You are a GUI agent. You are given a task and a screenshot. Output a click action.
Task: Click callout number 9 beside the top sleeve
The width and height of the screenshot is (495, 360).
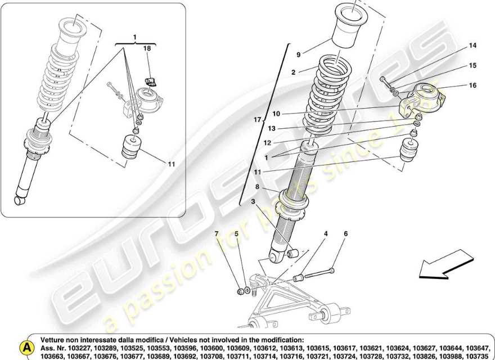299,54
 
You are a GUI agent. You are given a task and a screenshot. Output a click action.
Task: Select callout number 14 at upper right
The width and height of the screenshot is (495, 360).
472,46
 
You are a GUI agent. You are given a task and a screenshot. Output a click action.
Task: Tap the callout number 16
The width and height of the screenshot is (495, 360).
472,85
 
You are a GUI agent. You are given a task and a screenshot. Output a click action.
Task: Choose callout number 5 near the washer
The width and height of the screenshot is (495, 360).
237,233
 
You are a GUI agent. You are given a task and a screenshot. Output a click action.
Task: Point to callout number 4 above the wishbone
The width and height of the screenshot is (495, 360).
325,233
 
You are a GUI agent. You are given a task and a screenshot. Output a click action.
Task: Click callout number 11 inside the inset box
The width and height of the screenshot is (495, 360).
171,164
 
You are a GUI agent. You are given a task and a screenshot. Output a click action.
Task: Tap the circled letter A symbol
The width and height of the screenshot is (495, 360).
25,346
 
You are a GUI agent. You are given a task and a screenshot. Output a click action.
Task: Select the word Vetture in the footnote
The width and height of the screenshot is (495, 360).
55,340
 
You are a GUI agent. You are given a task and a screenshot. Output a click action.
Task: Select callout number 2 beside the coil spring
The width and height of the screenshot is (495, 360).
293,72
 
